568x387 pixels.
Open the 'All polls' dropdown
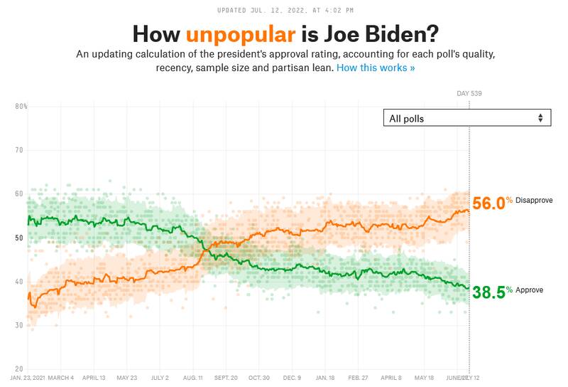coord(466,118)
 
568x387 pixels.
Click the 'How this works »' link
coord(376,68)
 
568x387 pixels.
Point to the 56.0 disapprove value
coord(488,203)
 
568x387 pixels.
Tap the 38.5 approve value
coord(488,291)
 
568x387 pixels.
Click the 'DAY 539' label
coord(469,93)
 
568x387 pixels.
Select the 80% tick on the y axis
coord(21,107)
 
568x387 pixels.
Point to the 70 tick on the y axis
coord(21,150)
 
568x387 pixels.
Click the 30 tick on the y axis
coord(21,326)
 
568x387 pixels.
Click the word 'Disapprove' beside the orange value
coord(533,201)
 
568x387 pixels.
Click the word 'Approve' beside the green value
coord(530,290)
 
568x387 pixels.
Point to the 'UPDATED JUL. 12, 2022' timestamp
coord(283,10)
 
